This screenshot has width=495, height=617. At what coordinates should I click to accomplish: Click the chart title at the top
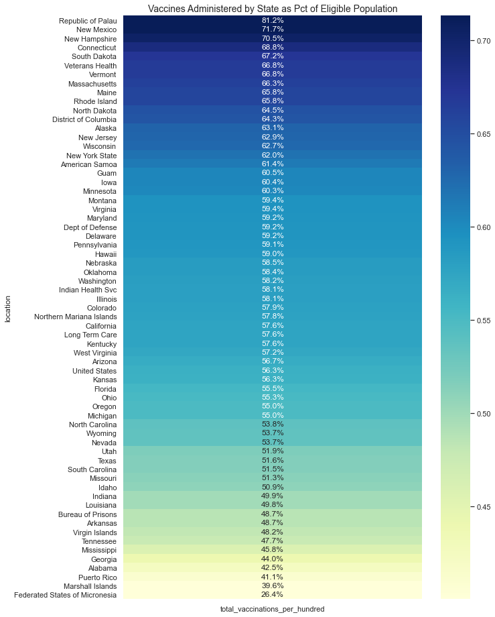273,9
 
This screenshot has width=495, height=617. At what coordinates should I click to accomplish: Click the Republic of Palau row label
88,21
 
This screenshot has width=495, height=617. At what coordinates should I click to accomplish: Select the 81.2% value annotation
273,21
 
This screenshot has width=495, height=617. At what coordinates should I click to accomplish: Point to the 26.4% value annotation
273,594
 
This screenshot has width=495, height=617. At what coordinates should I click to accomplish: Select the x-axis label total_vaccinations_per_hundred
272,608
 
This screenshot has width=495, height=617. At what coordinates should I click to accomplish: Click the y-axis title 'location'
8,308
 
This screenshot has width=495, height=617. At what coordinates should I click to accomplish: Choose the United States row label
94,371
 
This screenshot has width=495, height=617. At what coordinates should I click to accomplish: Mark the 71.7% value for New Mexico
273,30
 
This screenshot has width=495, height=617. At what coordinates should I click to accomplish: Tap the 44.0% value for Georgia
273,559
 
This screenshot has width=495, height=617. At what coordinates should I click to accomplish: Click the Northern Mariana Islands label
76,317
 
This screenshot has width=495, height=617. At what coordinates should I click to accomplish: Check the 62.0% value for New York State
273,155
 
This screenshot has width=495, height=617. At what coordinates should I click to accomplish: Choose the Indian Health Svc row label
88,290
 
